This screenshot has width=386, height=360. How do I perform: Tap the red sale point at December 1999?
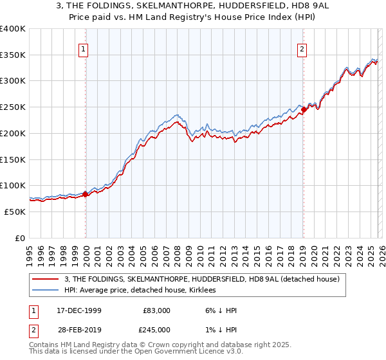(86, 194)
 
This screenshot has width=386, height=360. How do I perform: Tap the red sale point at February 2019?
(304, 110)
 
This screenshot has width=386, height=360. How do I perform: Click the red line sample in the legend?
(46, 279)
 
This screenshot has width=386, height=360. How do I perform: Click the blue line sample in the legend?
(46, 291)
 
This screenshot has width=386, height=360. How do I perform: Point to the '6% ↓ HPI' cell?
(220, 310)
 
